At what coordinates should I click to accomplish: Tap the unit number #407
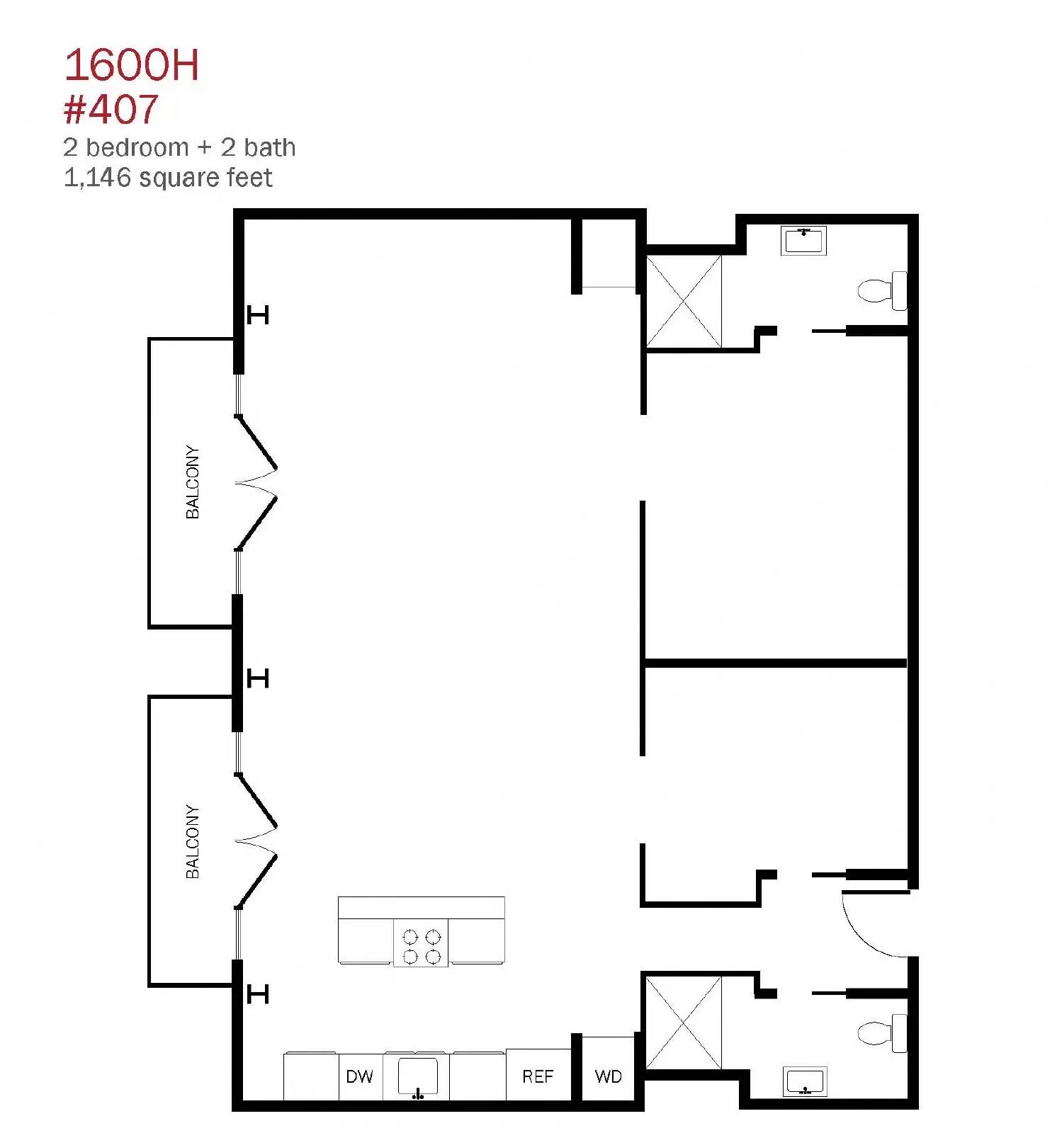pyautogui.click(x=111, y=109)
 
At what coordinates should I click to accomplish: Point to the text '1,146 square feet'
pyautogui.click(x=168, y=178)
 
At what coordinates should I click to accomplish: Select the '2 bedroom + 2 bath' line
pyautogui.click(x=179, y=147)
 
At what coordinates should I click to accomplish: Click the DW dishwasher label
pyautogui.click(x=359, y=1077)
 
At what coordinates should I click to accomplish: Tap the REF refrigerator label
pyautogui.click(x=538, y=1077)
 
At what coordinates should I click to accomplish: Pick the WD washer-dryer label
pyautogui.click(x=608, y=1077)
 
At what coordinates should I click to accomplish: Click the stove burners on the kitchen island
pyautogui.click(x=421, y=946)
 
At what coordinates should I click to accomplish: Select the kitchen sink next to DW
pyautogui.click(x=417, y=1077)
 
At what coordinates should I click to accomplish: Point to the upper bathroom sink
pyautogui.click(x=804, y=241)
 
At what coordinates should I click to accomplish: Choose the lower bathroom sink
pyautogui.click(x=805, y=1081)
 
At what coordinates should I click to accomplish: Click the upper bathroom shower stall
pyautogui.click(x=684, y=302)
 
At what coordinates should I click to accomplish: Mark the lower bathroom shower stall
pyautogui.click(x=684, y=1023)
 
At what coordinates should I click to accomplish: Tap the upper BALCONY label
pyautogui.click(x=192, y=482)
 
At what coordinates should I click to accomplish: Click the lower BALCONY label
pyautogui.click(x=192, y=842)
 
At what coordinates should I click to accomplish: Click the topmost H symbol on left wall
pyautogui.click(x=258, y=314)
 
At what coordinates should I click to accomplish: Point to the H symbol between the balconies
pyautogui.click(x=258, y=678)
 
